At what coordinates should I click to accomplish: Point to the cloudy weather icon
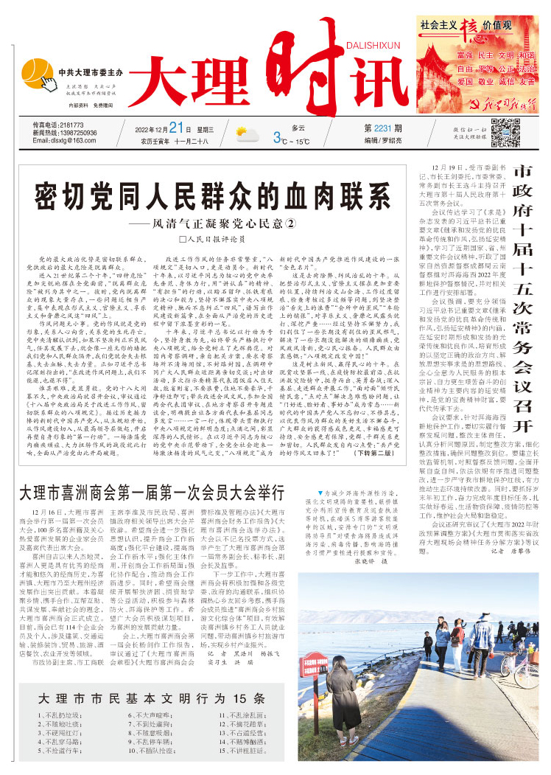tap(246, 134)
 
